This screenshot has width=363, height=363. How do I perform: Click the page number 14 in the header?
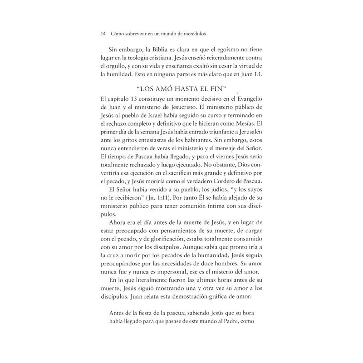pyautogui.click(x=103, y=34)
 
